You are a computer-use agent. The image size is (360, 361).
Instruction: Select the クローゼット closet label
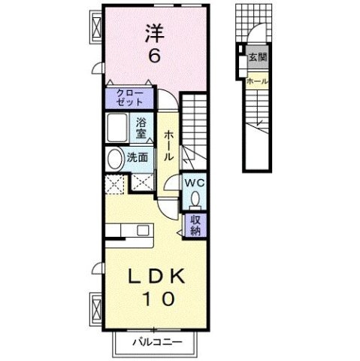coord(129,97)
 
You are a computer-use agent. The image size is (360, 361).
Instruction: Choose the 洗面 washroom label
coord(137,158)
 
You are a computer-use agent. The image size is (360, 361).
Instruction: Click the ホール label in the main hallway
coord(168,146)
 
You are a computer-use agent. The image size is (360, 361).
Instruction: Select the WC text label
coord(194,183)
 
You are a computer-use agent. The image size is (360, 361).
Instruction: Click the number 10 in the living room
coord(155,299)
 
